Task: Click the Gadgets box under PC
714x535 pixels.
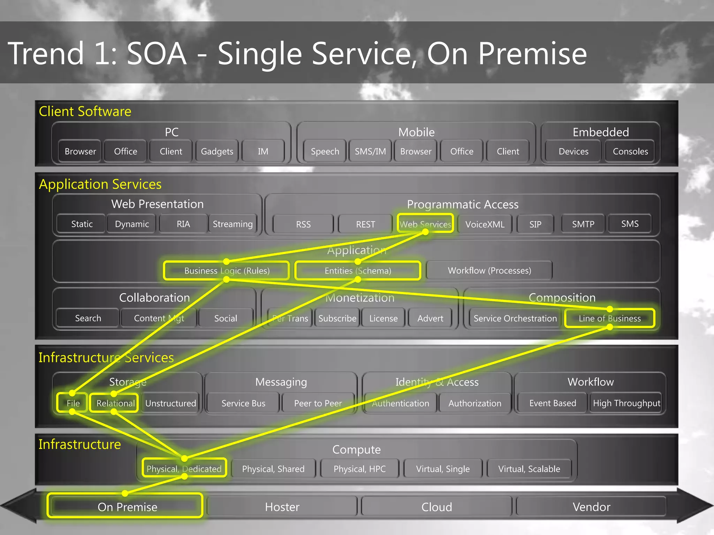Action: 217,152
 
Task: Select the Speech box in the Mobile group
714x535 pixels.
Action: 325,152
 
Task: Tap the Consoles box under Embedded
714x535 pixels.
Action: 630,152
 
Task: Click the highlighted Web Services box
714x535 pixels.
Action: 425,224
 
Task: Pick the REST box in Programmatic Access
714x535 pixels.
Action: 365,224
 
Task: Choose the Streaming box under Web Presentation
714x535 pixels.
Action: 233,224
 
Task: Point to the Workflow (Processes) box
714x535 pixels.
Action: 489,271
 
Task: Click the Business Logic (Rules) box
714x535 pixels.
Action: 227,271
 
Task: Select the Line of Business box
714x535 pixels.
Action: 609,318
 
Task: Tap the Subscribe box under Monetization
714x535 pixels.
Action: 337,318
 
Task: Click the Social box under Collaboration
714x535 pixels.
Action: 226,318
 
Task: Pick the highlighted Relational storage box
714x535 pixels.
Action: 115,403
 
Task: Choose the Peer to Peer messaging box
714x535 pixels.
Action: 318,403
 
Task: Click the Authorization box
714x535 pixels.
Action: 474,403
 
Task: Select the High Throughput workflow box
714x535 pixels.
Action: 626,403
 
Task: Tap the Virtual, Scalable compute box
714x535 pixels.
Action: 529,469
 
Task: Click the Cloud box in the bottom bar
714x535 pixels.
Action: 436,507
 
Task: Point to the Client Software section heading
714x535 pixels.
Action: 85,111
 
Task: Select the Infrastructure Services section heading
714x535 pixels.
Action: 106,358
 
